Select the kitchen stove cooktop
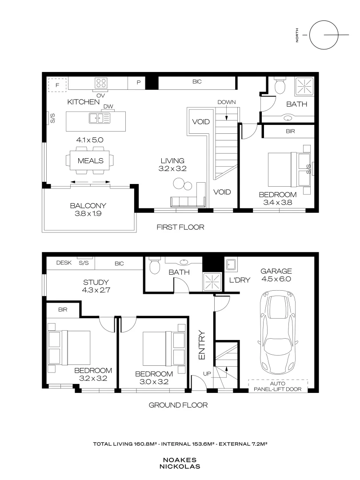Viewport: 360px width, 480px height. (101, 83)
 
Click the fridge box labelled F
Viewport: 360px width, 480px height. (57, 84)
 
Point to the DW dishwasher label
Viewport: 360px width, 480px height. (107, 107)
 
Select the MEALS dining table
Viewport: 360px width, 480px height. (90, 161)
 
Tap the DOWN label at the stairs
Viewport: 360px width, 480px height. (226, 102)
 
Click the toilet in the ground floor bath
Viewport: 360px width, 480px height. (154, 267)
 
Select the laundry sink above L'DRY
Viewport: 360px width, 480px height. (231, 265)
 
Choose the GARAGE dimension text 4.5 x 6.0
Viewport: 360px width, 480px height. (276, 279)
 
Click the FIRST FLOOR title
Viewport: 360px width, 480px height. (180, 227)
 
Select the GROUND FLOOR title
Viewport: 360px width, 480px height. (178, 405)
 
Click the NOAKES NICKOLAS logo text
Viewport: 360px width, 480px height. (180, 464)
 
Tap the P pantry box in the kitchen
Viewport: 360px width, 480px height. (138, 83)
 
